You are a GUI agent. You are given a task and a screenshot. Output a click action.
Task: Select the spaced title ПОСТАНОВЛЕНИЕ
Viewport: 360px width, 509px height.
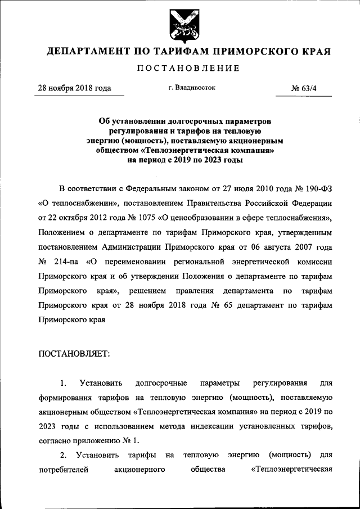(180, 69)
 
